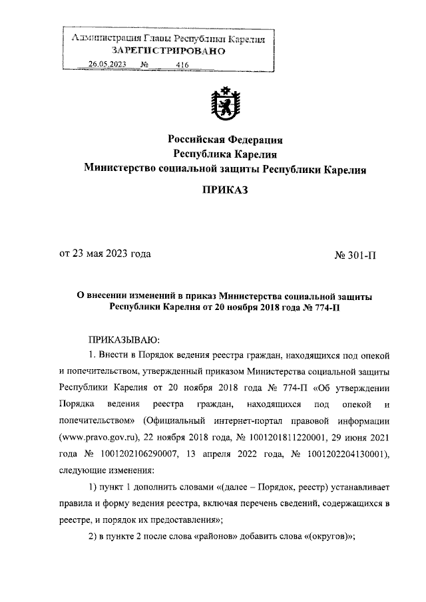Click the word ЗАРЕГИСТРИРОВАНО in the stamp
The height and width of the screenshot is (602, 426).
(x=169, y=51)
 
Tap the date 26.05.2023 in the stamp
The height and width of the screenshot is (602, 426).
(x=107, y=64)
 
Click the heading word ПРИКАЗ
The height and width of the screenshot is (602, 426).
(x=225, y=191)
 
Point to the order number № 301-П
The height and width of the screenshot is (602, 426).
(x=354, y=254)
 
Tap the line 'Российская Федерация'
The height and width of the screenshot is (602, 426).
(x=225, y=140)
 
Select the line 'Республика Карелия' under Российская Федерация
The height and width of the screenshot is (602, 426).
(x=225, y=154)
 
